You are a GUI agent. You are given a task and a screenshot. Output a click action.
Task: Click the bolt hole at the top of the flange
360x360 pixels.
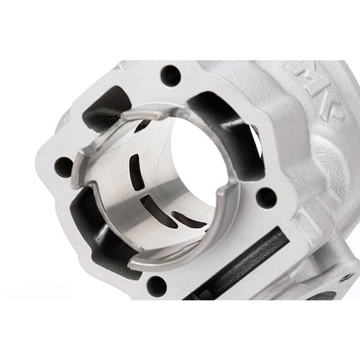point(170,75)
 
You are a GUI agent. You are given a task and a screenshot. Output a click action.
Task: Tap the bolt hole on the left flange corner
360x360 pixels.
point(64,167)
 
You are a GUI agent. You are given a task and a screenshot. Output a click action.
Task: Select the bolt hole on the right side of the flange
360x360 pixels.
point(265,197)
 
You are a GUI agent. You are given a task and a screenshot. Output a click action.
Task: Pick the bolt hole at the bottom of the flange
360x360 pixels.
point(156,286)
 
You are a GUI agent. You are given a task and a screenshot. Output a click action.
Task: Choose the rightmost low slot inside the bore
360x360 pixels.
point(188,220)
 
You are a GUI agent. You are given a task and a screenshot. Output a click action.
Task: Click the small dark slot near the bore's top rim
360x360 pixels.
point(143,125)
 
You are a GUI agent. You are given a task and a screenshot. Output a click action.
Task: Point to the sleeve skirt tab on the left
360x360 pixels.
point(83,169)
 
